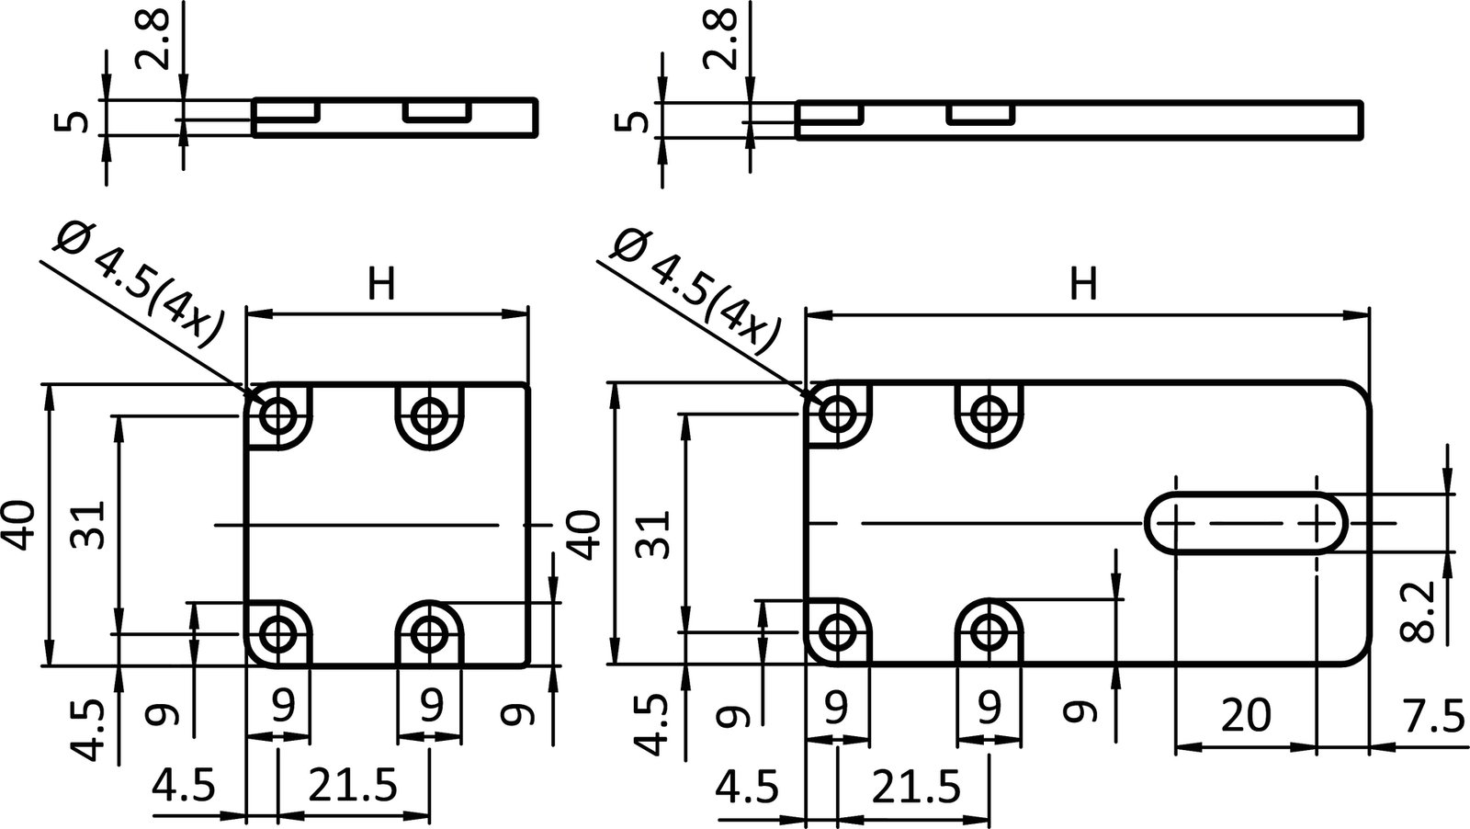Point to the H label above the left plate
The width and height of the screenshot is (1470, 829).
(381, 285)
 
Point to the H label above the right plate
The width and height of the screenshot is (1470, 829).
(1084, 284)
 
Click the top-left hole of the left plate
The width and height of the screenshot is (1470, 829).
(277, 415)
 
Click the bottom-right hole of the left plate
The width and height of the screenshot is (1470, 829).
(428, 632)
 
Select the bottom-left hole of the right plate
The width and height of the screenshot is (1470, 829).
(836, 631)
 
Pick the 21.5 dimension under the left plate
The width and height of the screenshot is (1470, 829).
(353, 786)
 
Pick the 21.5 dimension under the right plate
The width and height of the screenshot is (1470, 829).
(914, 786)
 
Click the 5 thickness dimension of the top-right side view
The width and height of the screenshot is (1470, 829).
(644, 119)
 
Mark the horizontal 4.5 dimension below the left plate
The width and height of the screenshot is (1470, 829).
(185, 786)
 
